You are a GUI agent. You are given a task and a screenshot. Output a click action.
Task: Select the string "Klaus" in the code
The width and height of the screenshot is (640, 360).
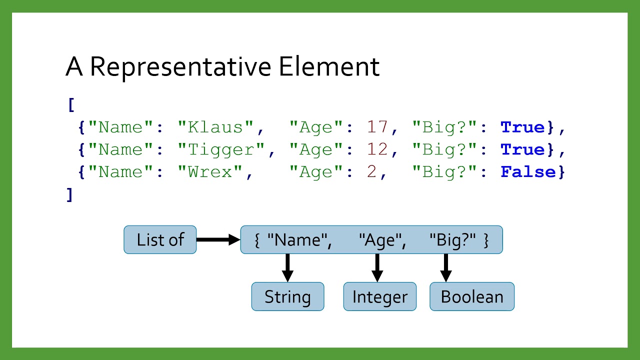(x=216, y=127)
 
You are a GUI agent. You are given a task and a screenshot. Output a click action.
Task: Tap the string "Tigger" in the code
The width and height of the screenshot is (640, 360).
(x=222, y=150)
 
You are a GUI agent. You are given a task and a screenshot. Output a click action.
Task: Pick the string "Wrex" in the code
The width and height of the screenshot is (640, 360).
(x=210, y=172)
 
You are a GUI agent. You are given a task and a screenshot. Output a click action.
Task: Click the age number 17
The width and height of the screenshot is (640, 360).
(x=377, y=127)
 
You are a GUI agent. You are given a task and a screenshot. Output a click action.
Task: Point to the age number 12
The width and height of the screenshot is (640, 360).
(x=377, y=150)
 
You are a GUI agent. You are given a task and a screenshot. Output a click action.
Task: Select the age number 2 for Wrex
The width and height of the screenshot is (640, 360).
(x=371, y=172)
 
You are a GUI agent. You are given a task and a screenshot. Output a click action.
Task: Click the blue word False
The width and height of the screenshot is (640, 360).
(x=529, y=172)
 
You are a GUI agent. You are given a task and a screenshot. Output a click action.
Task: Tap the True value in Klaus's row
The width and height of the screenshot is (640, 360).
(x=523, y=127)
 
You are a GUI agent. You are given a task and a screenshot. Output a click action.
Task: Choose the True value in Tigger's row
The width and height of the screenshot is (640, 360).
(x=523, y=150)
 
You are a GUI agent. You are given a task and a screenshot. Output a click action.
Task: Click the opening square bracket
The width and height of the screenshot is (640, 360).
(x=71, y=105)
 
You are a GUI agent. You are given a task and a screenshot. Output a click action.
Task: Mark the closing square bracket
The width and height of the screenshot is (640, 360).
(x=70, y=195)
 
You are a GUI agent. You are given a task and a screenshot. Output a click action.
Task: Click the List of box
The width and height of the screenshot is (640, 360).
(x=160, y=240)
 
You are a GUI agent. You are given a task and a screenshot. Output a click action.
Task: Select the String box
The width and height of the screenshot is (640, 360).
(x=287, y=297)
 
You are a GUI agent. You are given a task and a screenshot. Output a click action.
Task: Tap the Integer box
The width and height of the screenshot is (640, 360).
(x=379, y=297)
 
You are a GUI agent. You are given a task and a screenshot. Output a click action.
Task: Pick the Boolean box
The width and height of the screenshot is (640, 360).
(x=471, y=297)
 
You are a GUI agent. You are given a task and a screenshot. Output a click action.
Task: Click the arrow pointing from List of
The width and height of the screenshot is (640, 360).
(x=218, y=240)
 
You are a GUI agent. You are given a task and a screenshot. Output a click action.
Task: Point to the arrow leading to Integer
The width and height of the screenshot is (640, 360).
(x=377, y=267)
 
